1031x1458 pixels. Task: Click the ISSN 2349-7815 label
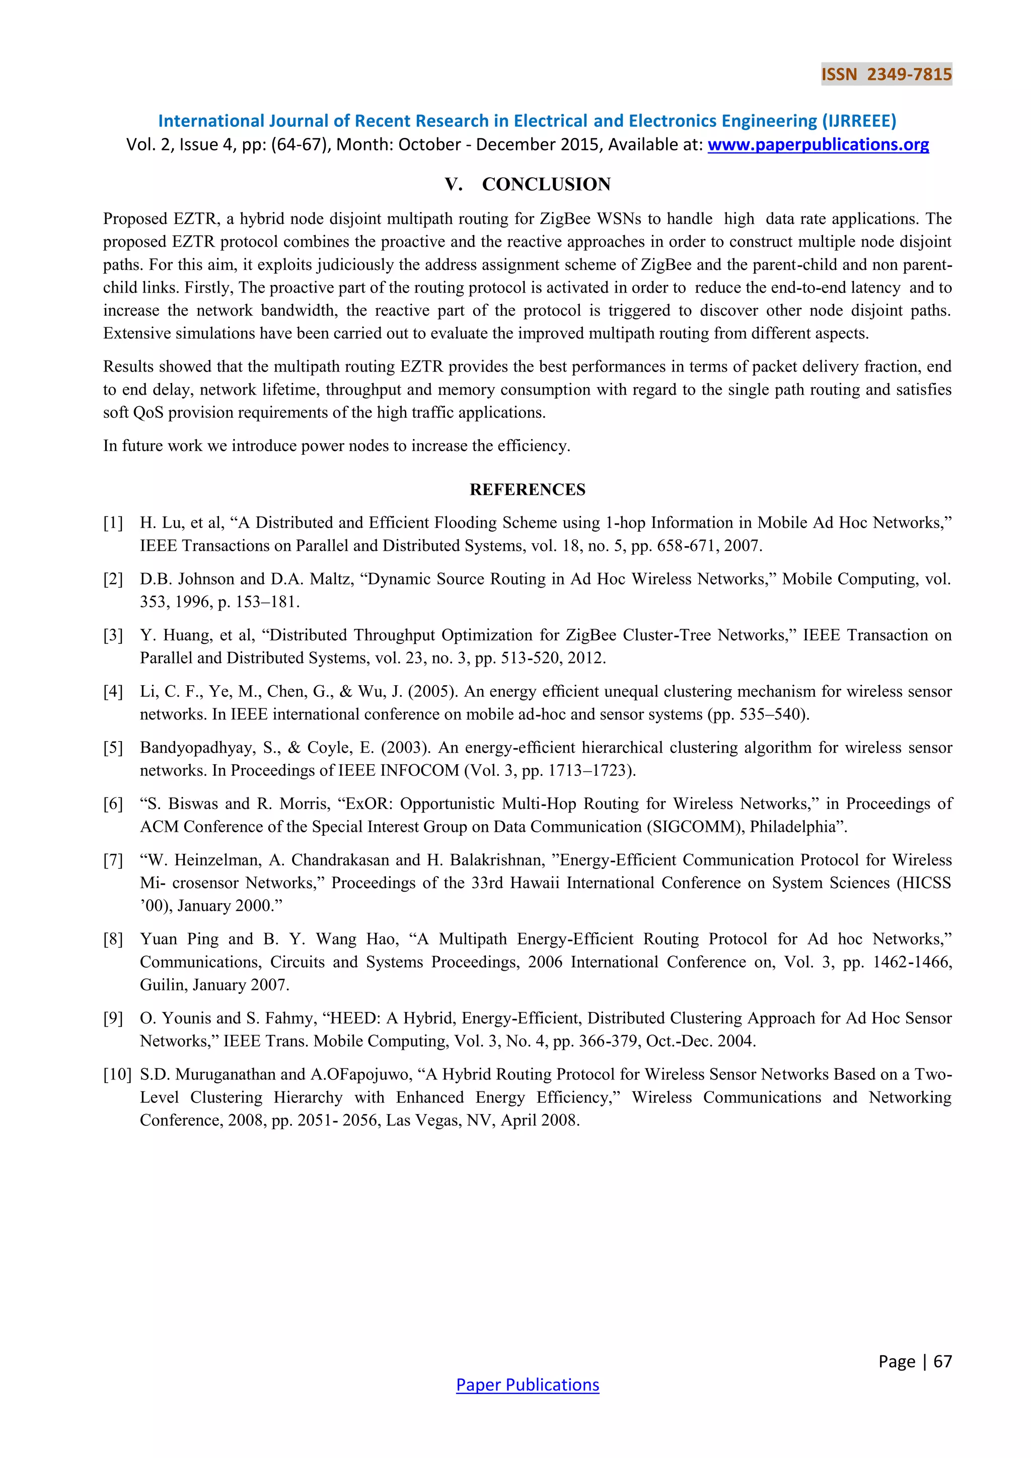[886, 75]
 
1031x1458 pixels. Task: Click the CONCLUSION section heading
[546, 184]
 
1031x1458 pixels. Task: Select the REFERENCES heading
[528, 489]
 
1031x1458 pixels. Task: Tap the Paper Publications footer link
[528, 1384]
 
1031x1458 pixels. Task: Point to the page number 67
[943, 1361]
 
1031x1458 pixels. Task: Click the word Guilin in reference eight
[162, 985]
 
